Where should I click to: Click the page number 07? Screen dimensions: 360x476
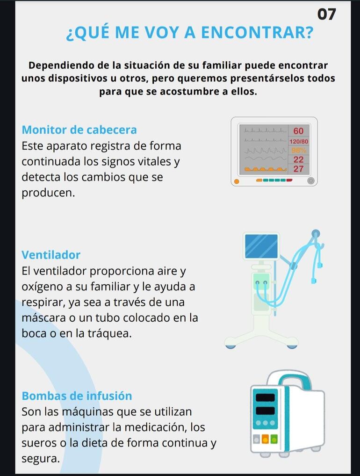pyautogui.click(x=327, y=14)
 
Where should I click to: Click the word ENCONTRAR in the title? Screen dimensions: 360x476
pyautogui.click(x=257, y=32)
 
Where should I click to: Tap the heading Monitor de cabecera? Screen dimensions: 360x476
pyautogui.click(x=79, y=130)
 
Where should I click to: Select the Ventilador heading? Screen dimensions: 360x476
pyautogui.click(x=51, y=255)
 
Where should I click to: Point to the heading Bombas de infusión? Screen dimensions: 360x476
pyautogui.click(x=77, y=396)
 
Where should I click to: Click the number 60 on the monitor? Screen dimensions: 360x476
pyautogui.click(x=298, y=131)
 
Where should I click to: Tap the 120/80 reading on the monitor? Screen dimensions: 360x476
pyautogui.click(x=299, y=142)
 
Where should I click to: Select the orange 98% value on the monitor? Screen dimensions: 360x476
pyautogui.click(x=299, y=150)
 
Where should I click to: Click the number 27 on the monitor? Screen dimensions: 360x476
pyautogui.click(x=298, y=169)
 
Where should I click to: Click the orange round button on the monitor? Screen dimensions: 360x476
pyautogui.click(x=237, y=181)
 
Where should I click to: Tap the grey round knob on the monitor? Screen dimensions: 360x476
pyautogui.click(x=311, y=181)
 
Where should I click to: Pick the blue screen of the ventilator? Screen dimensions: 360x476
pyautogui.click(x=261, y=246)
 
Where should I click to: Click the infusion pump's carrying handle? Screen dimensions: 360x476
pyautogui.click(x=291, y=378)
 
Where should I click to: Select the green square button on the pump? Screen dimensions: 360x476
pyautogui.click(x=274, y=439)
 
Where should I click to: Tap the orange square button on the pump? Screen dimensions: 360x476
pyautogui.click(x=265, y=439)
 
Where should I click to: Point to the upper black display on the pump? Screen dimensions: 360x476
pyautogui.click(x=265, y=397)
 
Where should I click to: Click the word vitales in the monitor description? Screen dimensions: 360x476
pyautogui.click(x=154, y=161)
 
